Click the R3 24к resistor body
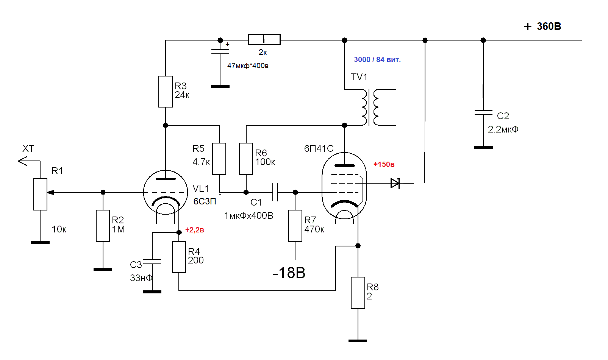(x=166, y=91)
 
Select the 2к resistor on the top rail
(x=264, y=39)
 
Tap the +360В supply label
(x=542, y=26)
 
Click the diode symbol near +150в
(x=395, y=183)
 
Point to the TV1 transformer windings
(x=370, y=107)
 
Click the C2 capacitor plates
(x=483, y=112)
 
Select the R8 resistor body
(x=358, y=293)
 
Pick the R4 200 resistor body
(x=179, y=257)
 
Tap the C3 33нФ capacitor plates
(x=152, y=261)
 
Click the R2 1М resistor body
(x=103, y=226)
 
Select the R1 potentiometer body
(x=40, y=194)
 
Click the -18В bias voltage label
(x=289, y=273)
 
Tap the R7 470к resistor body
(x=295, y=226)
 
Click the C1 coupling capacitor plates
(x=275, y=192)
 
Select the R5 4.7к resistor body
(x=219, y=159)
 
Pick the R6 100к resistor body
(x=246, y=159)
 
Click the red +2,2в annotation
(x=195, y=230)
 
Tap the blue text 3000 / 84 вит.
(x=377, y=59)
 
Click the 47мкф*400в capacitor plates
(x=220, y=51)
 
